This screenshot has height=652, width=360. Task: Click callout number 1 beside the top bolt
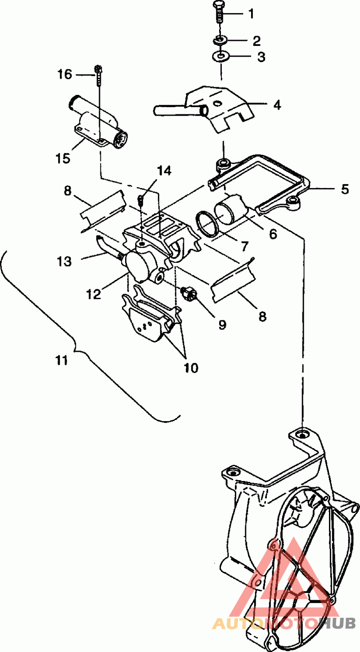click(x=251, y=13)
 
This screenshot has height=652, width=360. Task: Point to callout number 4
click(x=277, y=105)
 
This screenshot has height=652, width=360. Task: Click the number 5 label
click(x=345, y=189)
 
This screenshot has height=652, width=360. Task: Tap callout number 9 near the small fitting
click(x=222, y=324)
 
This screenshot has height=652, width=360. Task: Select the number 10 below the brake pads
click(x=191, y=368)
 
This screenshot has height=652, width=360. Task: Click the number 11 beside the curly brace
click(x=61, y=360)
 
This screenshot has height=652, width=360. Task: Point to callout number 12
click(x=94, y=294)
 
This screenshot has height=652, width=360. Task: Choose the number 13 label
click(x=64, y=261)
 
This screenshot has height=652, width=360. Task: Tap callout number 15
click(x=63, y=159)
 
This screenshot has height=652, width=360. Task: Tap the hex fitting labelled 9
click(x=188, y=293)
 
